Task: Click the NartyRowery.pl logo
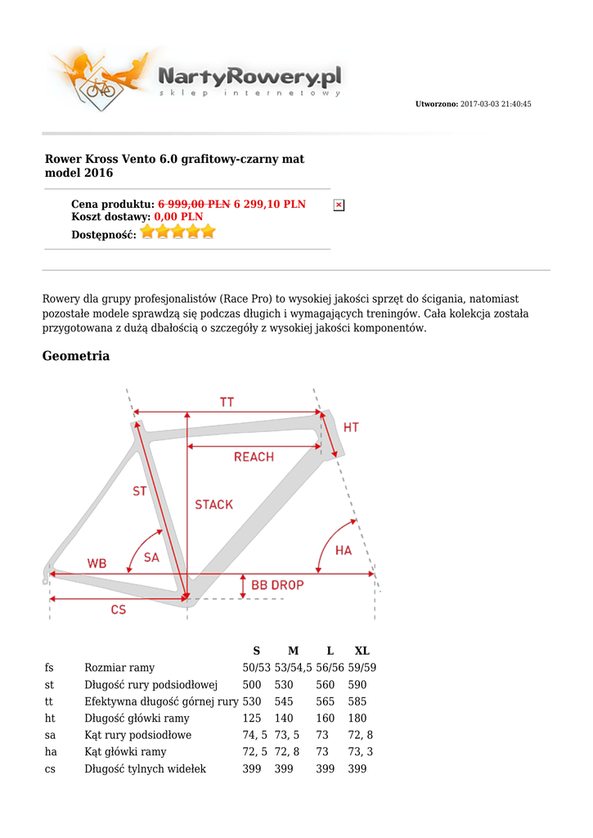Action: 196,80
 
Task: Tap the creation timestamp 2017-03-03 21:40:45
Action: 496,104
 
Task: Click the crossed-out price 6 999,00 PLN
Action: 194,204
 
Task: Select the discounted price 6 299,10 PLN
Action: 270,204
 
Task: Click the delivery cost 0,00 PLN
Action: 178,217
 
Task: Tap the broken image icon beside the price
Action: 339,205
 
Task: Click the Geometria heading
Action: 76,356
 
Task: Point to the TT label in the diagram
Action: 227,402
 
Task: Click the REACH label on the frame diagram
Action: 254,457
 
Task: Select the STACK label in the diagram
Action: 213,505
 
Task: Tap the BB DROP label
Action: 277,585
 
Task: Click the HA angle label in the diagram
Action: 344,551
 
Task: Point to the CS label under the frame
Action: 119,610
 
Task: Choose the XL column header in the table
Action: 362,651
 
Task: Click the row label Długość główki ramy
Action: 137,719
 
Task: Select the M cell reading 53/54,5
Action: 293,668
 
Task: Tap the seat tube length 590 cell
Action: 357,685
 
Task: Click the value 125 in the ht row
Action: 252,719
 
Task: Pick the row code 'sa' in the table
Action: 50,736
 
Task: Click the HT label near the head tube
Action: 351,427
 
